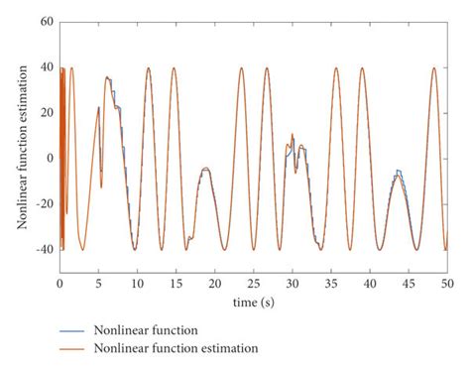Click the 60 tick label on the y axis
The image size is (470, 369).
click(46, 21)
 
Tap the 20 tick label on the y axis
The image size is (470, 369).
click(46, 112)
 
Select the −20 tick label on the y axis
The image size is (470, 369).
click(43, 203)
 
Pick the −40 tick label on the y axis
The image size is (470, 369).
click(43, 249)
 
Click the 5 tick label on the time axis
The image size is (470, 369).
click(98, 283)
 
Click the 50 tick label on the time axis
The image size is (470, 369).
click(445, 283)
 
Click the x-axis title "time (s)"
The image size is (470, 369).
click(254, 300)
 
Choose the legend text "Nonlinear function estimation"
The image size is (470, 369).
click(176, 348)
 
